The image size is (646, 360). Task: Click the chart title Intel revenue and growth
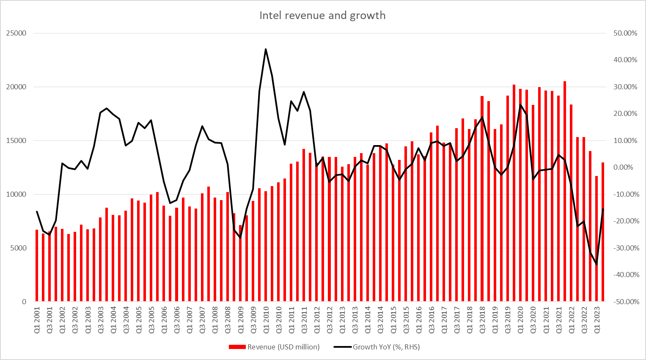click(x=322, y=16)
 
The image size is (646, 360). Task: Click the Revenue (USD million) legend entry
click(x=283, y=347)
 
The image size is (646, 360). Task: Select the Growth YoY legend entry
click(x=386, y=347)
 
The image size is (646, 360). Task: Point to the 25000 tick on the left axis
click(x=16, y=33)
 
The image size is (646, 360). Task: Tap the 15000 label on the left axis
click(x=16, y=141)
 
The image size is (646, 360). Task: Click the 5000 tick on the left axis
click(x=18, y=248)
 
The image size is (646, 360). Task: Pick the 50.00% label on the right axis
click(x=625, y=33)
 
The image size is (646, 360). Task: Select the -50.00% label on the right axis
click(x=624, y=302)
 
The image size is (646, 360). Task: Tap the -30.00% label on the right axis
click(x=624, y=248)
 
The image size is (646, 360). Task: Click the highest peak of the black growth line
click(x=266, y=49)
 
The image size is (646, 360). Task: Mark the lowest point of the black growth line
click(x=597, y=264)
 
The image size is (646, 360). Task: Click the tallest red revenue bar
click(x=565, y=190)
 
